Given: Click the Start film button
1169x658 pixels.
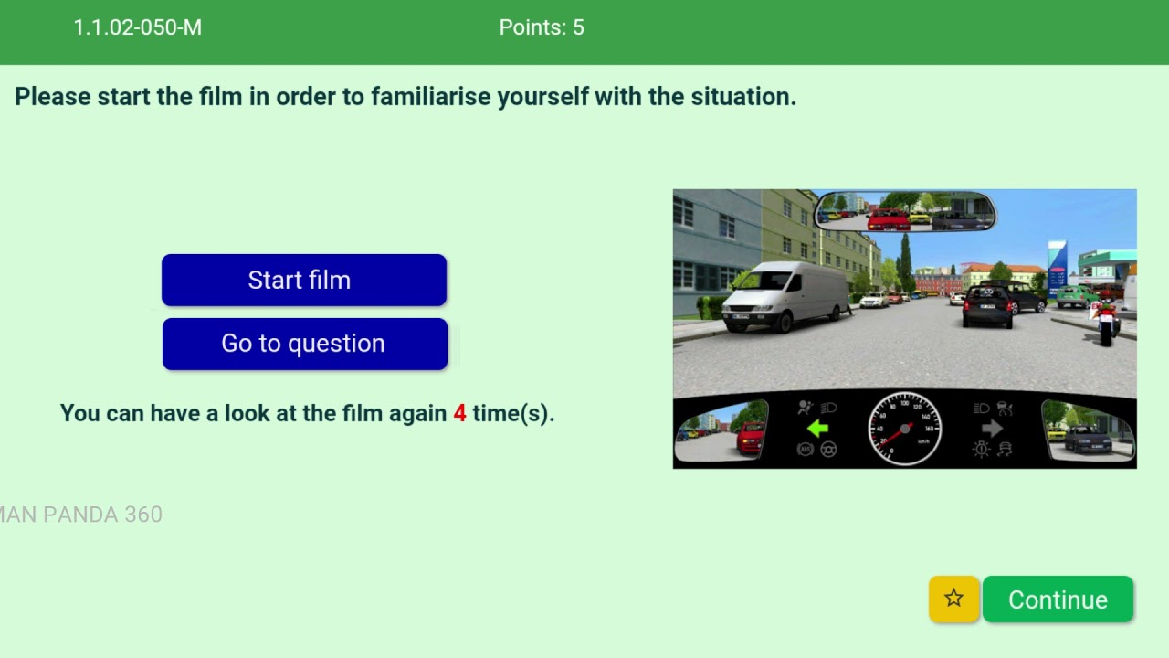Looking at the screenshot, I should coord(303,280).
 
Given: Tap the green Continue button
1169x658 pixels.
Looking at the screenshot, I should coord(1058,600).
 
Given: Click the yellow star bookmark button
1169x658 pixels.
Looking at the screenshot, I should coord(953,599).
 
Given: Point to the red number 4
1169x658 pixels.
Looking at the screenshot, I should coord(459,413).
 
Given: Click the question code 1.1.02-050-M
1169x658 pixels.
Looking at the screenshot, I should coord(137,27).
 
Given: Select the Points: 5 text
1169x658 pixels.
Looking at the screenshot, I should coord(541,27).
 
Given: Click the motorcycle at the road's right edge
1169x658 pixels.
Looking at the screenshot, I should coord(1106,319).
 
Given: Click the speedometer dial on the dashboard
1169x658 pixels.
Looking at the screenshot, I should coord(904,428).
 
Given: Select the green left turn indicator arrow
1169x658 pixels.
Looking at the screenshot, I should coord(816,428).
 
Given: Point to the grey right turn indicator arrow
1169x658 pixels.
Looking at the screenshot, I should coord(992,428).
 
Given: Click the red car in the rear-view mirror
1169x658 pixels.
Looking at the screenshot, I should coord(887,218).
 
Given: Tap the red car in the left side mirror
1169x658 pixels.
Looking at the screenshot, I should coord(748,437).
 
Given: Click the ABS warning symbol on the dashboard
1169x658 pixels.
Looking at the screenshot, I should coord(805,449).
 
